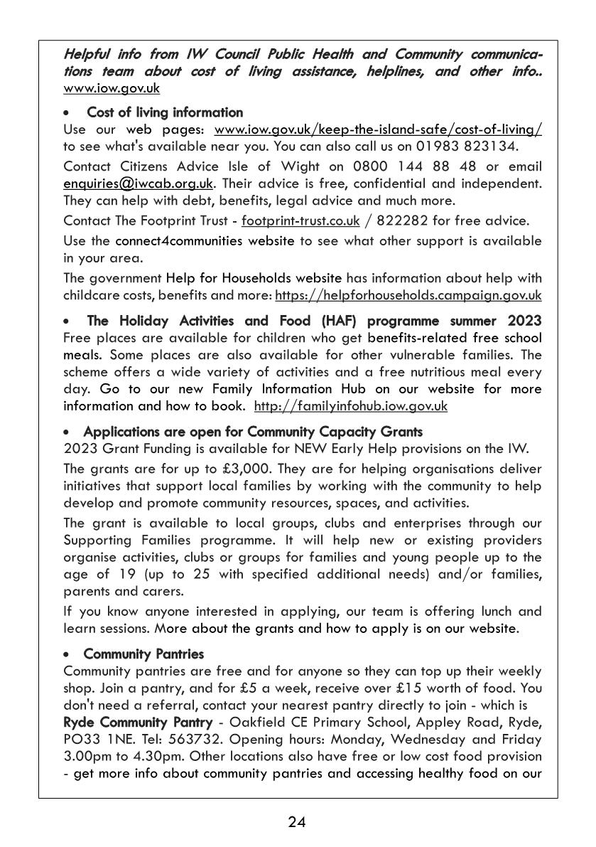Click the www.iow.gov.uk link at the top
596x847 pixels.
point(111,89)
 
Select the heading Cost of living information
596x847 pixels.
point(164,112)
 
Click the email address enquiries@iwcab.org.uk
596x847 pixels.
point(139,184)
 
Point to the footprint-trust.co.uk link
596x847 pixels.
point(300,221)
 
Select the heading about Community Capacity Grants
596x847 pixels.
point(252,432)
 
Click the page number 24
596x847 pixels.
point(297,823)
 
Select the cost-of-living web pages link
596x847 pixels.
point(378,129)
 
